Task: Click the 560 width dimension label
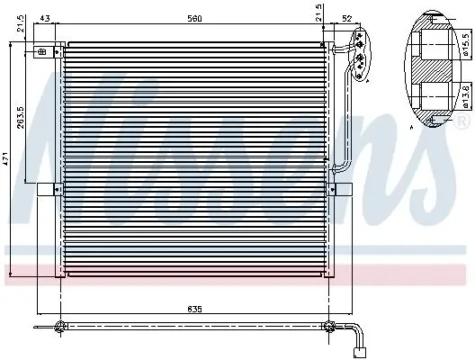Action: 194,19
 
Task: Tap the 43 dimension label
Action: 45,19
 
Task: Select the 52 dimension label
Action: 347,19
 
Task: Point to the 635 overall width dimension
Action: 194,310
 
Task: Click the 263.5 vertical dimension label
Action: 21,117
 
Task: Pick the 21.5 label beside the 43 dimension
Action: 21,24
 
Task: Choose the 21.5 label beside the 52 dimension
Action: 319,13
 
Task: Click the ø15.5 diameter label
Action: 466,44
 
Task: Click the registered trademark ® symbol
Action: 461,121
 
